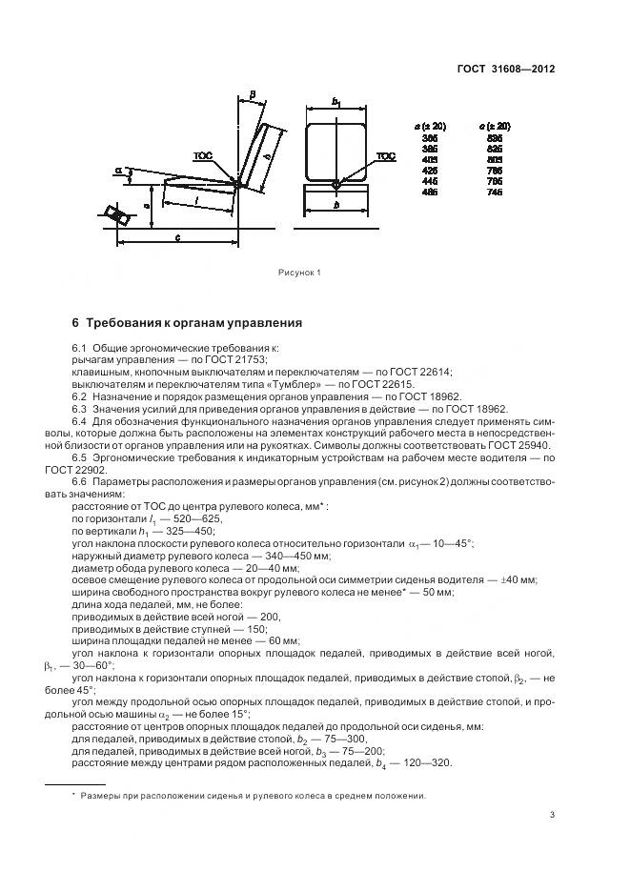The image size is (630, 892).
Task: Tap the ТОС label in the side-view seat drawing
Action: pos(202,155)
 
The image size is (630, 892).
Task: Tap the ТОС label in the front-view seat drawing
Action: pos(385,155)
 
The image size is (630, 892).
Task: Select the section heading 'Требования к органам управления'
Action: pos(193,322)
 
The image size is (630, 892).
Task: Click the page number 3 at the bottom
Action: pos(553,814)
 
